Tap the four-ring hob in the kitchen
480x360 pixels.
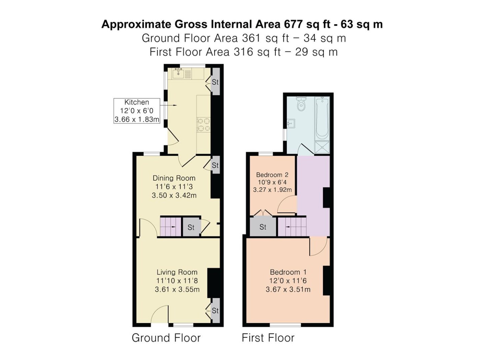point(203,125)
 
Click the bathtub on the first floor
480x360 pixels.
point(322,119)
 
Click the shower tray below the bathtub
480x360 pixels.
point(322,147)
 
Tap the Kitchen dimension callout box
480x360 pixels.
point(137,111)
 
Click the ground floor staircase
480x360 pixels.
point(170,227)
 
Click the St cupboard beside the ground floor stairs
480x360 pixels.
point(191,227)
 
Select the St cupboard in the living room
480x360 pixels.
point(215,310)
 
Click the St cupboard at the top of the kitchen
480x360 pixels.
point(215,82)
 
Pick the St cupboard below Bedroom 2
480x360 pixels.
point(263,227)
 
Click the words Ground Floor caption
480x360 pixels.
point(166,338)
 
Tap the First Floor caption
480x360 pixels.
point(268,338)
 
